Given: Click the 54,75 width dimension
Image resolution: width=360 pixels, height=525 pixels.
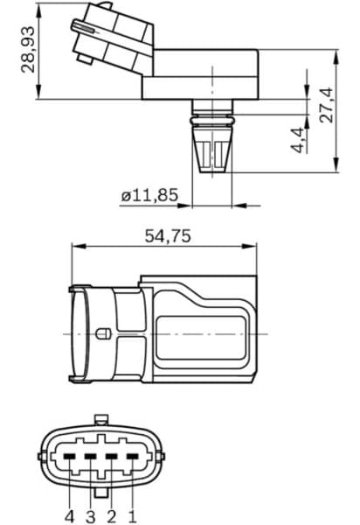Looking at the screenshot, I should [x=166, y=236].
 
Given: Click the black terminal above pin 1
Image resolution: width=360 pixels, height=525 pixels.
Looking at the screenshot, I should [x=132, y=456].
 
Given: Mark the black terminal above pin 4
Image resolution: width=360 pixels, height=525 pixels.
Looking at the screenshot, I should [x=69, y=456].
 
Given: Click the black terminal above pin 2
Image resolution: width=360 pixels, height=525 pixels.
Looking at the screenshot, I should [x=111, y=456].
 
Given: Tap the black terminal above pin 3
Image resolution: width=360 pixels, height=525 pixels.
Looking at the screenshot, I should [x=90, y=456].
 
